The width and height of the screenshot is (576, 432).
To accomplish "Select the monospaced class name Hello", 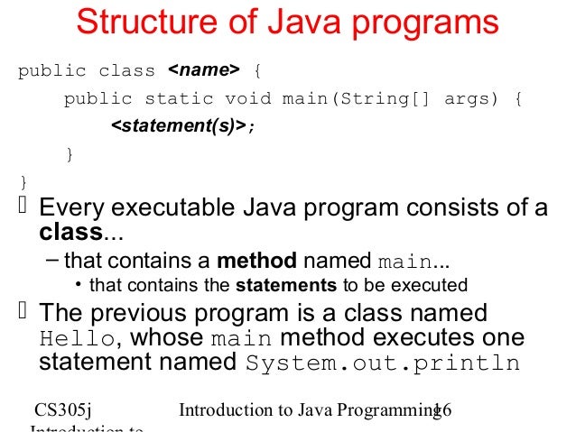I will coord(78,338).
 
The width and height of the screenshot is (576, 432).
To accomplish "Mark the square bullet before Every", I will coord(23,207).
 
